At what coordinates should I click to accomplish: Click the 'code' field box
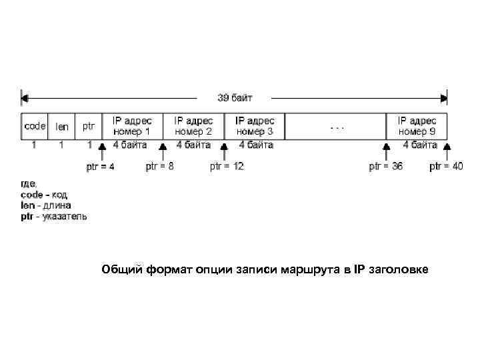[35, 125]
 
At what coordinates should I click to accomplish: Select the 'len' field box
[61, 125]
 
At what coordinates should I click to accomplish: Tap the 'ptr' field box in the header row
[89, 125]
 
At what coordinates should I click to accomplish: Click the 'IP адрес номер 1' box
[132, 125]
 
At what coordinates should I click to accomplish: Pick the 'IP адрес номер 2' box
[193, 125]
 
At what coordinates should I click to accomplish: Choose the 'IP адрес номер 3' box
[255, 125]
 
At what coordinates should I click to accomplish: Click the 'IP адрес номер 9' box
[417, 125]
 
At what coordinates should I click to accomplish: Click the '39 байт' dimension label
[235, 97]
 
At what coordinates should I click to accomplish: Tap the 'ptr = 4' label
[101, 167]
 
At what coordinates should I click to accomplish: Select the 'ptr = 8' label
[160, 167]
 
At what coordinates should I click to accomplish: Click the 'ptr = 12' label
[227, 167]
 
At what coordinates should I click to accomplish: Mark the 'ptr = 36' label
[385, 167]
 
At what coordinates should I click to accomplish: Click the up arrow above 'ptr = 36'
[385, 149]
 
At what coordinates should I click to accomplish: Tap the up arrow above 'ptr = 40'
[447, 149]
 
